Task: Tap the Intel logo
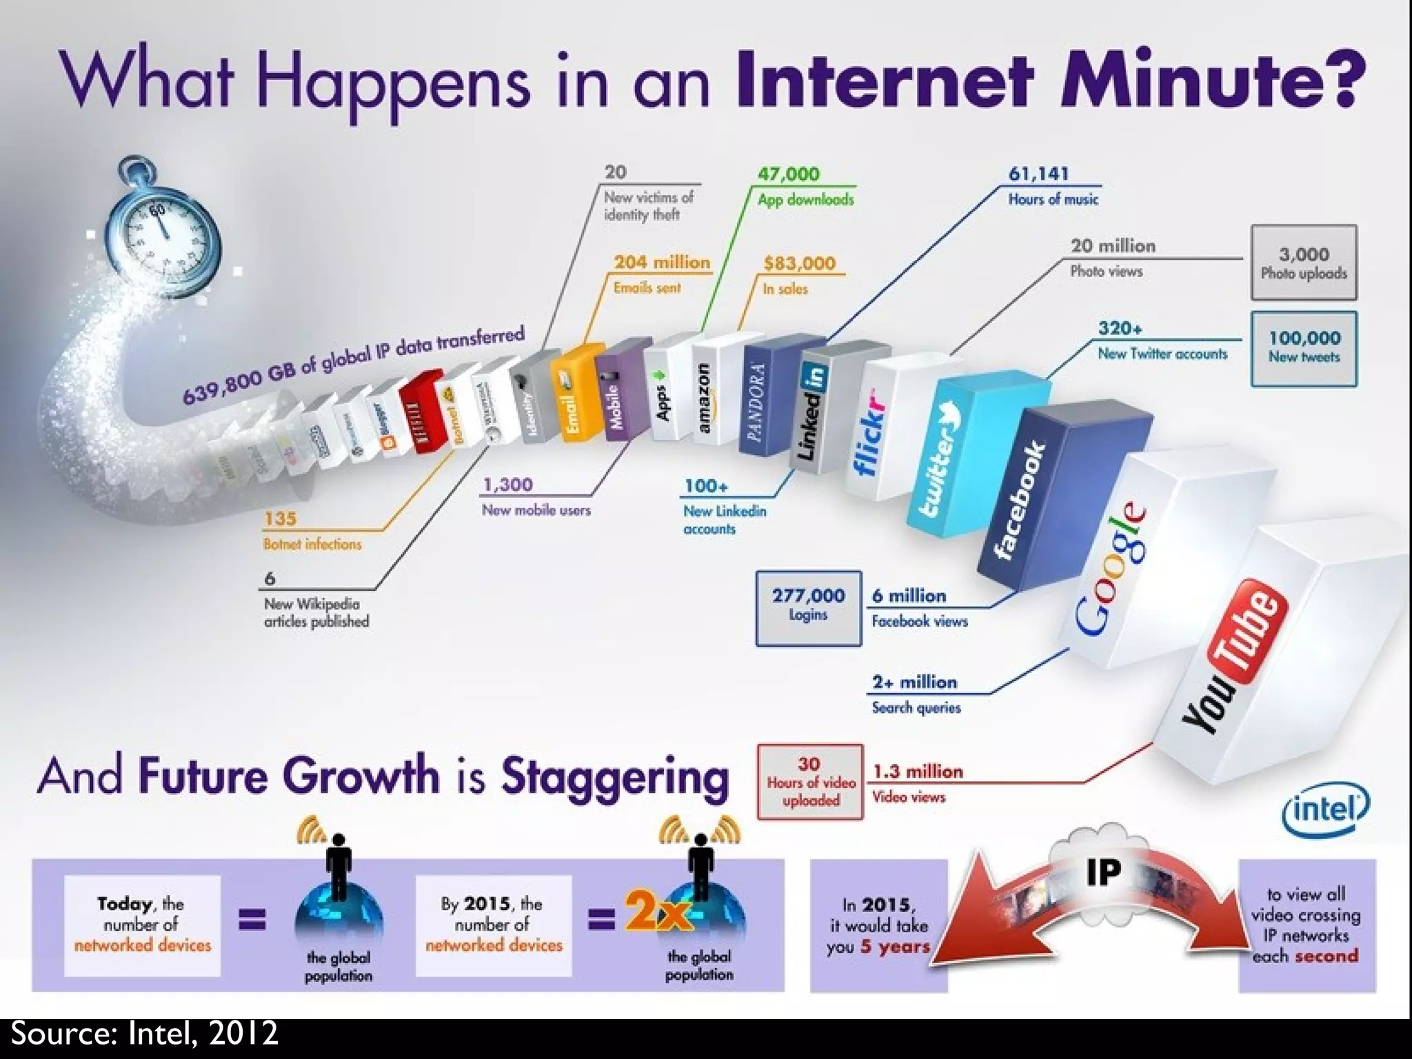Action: coord(1325,811)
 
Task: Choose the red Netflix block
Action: coord(421,414)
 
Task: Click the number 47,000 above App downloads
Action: coord(789,174)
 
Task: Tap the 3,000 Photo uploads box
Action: coord(1304,263)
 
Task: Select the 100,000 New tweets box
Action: coord(1304,347)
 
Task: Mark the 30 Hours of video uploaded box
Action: coord(810,782)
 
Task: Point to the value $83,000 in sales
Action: coord(799,263)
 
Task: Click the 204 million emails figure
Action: coord(662,262)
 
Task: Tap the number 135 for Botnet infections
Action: coord(280,518)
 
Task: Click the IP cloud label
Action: coord(1103,871)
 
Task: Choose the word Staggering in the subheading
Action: coord(614,777)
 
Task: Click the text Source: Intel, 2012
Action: coord(145,1033)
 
